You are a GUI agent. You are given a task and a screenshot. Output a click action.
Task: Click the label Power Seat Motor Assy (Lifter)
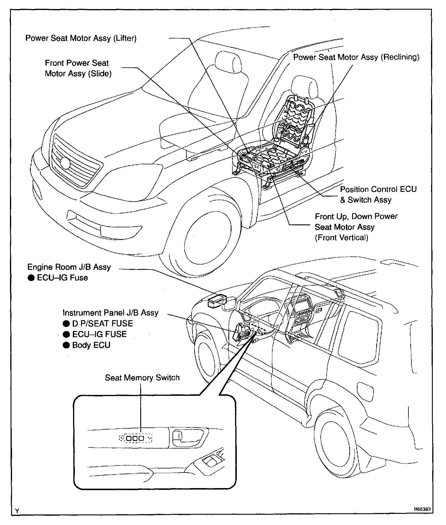point(81,38)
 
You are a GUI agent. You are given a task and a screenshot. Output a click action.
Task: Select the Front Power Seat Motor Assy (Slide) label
point(78,68)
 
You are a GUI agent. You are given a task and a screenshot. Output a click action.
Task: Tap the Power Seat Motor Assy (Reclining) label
point(356,57)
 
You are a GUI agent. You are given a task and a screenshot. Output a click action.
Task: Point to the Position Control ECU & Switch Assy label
point(378,195)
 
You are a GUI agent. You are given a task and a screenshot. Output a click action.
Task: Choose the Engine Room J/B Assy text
point(69,267)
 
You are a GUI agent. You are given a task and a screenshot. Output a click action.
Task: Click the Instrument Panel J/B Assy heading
point(110,313)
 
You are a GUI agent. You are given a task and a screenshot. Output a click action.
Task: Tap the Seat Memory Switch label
point(142,378)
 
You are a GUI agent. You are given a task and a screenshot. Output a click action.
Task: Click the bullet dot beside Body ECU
point(66,345)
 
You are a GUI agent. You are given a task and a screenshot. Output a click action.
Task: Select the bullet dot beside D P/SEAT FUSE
point(66,324)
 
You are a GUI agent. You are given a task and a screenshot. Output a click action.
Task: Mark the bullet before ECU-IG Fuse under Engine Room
point(31,278)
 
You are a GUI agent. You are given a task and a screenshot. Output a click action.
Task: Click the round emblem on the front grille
point(65,163)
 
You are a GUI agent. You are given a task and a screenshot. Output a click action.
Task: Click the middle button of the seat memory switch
point(135,438)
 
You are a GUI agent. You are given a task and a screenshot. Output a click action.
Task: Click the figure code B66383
point(422,509)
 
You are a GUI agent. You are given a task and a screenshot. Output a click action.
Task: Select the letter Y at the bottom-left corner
point(17,511)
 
